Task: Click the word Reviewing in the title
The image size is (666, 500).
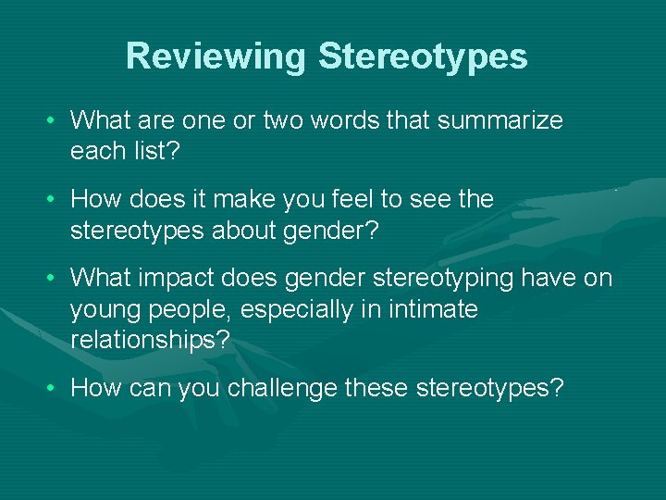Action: click(x=216, y=56)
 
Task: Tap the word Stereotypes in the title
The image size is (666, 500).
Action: click(x=423, y=56)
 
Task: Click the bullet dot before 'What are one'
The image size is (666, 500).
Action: click(x=55, y=121)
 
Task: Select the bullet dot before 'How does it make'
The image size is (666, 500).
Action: click(x=55, y=200)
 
